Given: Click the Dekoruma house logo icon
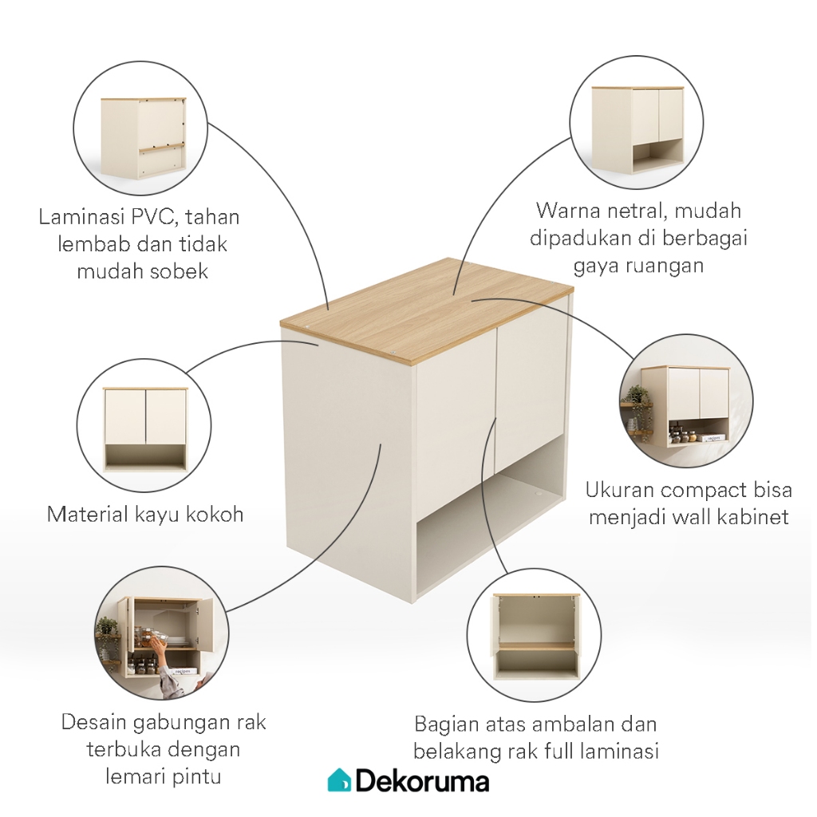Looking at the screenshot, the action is click(x=339, y=780).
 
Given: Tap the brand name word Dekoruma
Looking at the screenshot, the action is click(x=423, y=781).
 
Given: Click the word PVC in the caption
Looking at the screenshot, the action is click(x=153, y=216).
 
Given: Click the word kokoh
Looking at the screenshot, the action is click(x=214, y=514).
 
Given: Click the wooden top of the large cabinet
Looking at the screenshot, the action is click(x=427, y=310).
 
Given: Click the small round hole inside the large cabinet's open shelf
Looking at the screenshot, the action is click(x=537, y=491).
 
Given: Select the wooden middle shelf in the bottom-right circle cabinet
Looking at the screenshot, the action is click(x=536, y=646).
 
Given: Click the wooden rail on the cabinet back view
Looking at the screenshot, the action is click(x=162, y=148).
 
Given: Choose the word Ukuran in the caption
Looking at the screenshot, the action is click(x=611, y=490).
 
